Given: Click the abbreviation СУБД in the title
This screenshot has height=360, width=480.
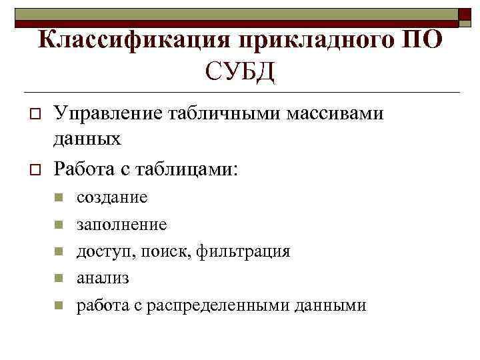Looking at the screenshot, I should point(240,69).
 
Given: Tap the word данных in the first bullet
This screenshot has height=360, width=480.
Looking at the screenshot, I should point(87,139).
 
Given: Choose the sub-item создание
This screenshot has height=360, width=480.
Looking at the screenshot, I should point(112,197).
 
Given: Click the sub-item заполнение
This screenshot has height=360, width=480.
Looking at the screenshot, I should point(121,225).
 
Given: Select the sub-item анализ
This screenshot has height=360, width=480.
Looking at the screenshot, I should point(103,278).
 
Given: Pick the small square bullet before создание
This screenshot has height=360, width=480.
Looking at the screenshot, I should point(58,197).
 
